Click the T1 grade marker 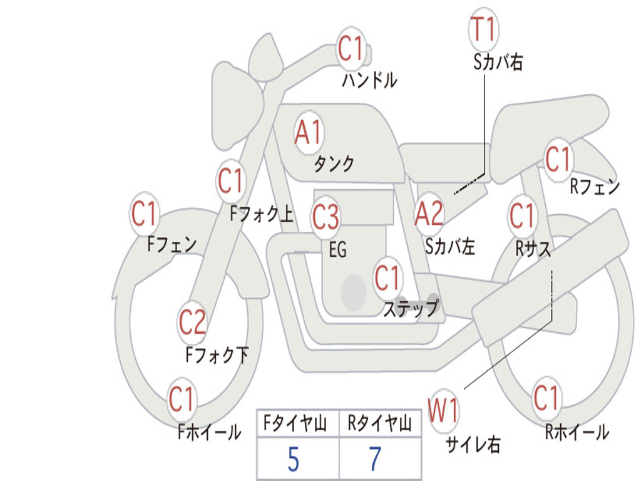coord(484,29)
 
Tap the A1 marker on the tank coord(309,133)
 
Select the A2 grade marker coord(429,214)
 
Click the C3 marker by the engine coord(326,216)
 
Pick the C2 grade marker coord(192,322)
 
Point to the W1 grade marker coord(444,410)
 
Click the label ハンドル coord(369,80)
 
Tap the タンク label coord(334,163)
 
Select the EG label coord(337,249)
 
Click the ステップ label coord(411,308)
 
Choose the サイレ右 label coord(473,445)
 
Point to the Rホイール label coord(577,432)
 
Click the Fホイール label coord(209,432)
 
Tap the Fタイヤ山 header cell coord(298,423)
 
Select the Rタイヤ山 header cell coord(380,423)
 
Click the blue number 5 coord(294,459)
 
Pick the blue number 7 coord(376,459)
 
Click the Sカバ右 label coord(498,62)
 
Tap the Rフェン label coord(595,187)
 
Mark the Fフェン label coord(172,245)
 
